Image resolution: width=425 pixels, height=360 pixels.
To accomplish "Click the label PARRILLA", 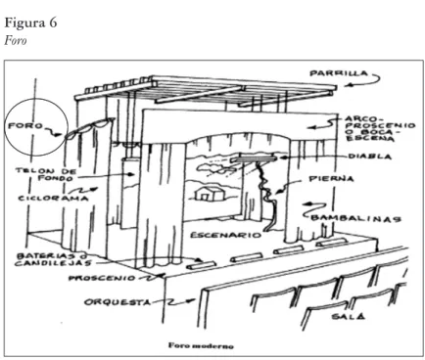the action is point(339,73).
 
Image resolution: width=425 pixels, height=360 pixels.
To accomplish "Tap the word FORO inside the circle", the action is point(25,126).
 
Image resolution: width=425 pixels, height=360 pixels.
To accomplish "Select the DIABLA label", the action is point(370,157).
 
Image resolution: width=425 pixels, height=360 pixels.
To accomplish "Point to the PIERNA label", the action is point(331,179).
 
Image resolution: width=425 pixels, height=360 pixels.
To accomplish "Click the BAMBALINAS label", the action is point(355,218).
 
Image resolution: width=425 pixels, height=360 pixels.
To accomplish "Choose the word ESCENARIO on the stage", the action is point(226,235).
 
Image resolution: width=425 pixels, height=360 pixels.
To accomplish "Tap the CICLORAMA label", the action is point(53,198).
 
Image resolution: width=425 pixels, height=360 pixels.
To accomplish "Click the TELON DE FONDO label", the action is point(46,174).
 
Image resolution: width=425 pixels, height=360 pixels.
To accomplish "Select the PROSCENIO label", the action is point(102,278).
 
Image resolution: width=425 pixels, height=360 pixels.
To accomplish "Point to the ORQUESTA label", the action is point(118,302).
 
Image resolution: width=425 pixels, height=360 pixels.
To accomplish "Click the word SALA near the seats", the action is point(349,316).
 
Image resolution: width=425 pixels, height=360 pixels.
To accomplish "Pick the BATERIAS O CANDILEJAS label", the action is point(54,259).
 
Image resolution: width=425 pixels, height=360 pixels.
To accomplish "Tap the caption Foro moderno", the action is point(201,345).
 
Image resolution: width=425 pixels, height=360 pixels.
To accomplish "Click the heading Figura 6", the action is point(30,22).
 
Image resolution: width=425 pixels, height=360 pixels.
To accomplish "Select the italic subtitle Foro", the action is point(16,41).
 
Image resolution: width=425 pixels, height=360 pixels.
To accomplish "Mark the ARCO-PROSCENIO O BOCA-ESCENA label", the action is point(380,128).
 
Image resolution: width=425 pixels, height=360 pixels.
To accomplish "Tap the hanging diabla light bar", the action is point(254,158).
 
